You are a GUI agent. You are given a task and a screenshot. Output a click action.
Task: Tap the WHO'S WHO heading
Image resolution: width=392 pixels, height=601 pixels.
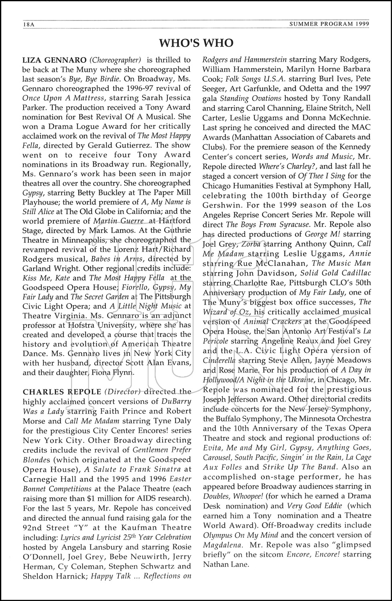[196, 42]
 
